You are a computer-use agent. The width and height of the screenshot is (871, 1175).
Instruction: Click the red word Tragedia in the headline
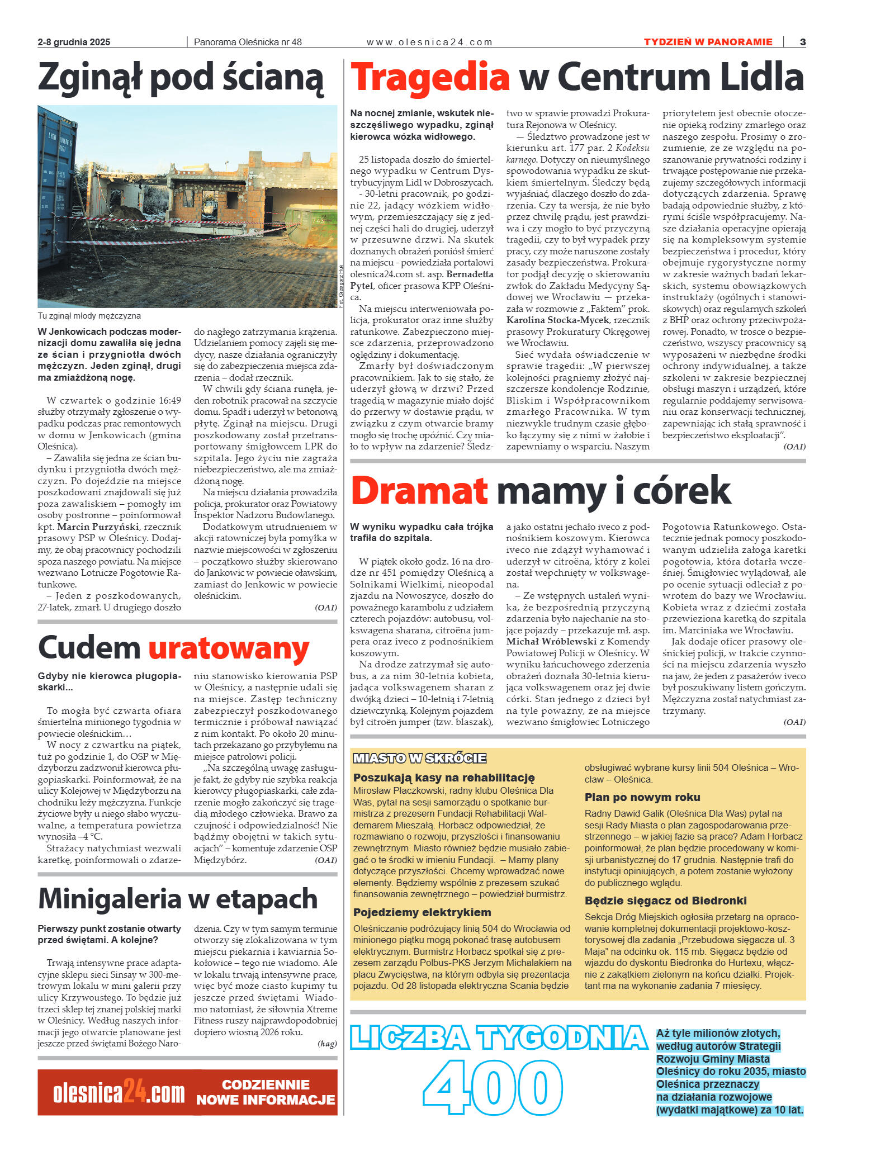pos(429,77)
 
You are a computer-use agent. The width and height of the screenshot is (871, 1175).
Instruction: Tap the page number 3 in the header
pos(802,42)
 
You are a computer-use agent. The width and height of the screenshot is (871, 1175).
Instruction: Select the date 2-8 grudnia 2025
pos(74,42)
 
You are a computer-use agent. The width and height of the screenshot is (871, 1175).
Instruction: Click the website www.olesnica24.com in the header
pos(429,42)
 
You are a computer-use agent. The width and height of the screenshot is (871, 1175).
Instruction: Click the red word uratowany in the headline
pos(229,648)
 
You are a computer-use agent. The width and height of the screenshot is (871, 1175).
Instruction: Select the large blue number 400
pos(492,1088)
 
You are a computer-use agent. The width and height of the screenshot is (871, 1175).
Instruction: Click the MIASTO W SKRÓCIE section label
pos(419,758)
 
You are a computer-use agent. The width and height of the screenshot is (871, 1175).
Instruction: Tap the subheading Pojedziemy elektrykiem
pos(422,912)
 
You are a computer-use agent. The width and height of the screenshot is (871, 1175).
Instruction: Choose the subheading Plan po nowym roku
pos(642,797)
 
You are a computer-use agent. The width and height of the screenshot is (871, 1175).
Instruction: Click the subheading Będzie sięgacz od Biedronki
pos(665,901)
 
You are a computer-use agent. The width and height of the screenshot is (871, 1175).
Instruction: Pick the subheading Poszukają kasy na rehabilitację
pos(443,778)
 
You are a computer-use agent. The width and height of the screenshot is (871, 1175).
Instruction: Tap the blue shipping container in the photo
pos(54,190)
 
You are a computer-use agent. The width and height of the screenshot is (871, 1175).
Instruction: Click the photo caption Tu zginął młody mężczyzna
pos(89,316)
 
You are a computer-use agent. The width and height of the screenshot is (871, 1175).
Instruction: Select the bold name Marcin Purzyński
pos(100,527)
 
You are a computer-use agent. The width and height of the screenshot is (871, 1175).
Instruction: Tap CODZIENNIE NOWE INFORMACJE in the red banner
pos(266,1092)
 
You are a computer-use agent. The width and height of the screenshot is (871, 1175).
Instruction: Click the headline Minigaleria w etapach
pos(177,898)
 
